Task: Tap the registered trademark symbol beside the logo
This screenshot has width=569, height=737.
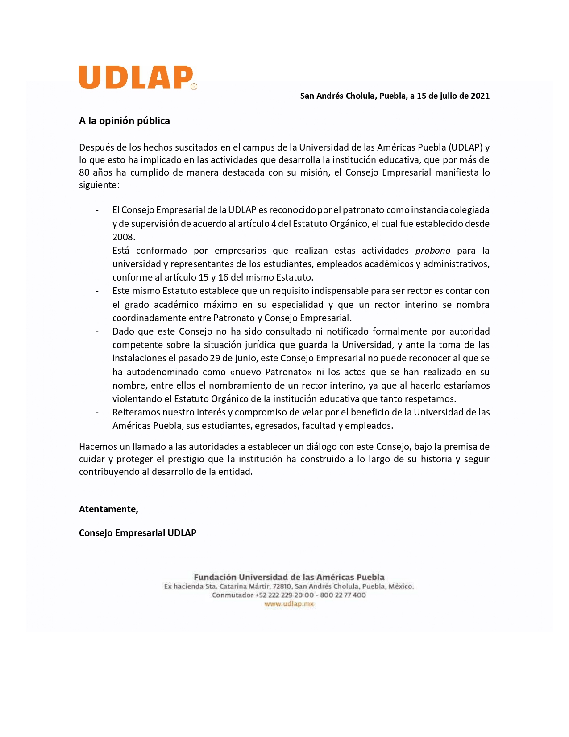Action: tap(194, 87)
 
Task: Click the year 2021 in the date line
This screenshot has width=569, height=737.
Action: tap(480, 96)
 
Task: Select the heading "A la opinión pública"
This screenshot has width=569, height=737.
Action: tap(124, 121)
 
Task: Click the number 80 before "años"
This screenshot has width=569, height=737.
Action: tap(84, 172)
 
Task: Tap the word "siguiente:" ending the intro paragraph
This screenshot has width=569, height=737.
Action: tap(99, 185)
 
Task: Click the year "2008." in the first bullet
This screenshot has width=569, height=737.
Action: tap(124, 237)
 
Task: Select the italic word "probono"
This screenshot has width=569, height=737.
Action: tap(432, 251)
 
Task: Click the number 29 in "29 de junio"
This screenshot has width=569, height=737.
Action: tap(215, 358)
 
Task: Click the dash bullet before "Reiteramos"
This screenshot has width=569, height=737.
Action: tap(97, 412)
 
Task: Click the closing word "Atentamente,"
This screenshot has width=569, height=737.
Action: tap(108, 509)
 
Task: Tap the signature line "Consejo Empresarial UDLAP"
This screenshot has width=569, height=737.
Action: tap(137, 533)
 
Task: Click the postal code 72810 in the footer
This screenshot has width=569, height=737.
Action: tap(282, 586)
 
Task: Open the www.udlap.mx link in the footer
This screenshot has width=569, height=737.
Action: tap(289, 604)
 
